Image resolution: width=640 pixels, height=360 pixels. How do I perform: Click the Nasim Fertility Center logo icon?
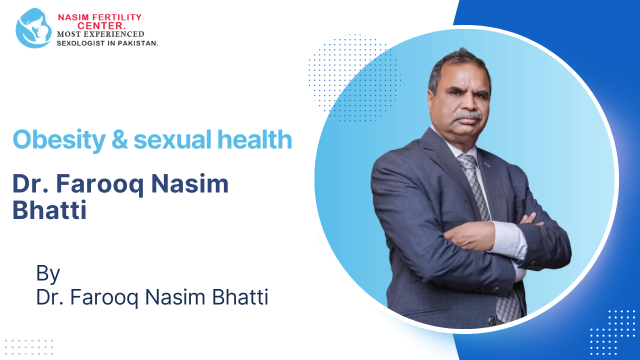click(34, 28)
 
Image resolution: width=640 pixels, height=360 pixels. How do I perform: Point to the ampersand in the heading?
click(120, 139)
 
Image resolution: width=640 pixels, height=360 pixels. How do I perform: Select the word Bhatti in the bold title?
click(49, 210)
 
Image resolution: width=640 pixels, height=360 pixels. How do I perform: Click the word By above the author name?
click(48, 273)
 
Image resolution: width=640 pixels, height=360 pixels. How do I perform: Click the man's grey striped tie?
click(475, 185)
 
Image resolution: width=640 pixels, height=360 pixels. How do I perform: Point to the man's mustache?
click(469, 116)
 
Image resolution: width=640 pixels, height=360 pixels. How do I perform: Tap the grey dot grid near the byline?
click(28, 346)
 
